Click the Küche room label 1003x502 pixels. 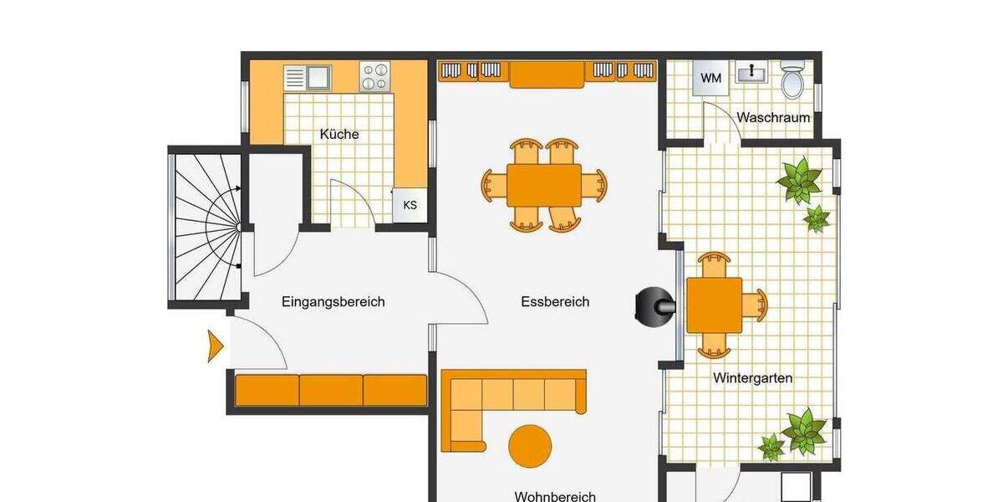coord(339,134)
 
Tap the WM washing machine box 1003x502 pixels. coord(710,79)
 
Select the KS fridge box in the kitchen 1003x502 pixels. coord(410,205)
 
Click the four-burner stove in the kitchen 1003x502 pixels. coord(374,77)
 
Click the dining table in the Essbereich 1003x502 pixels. coord(543,184)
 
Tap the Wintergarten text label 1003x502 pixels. coord(752,378)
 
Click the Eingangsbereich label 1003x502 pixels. coord(333,302)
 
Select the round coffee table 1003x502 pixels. coord(530,446)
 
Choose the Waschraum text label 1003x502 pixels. coord(773,117)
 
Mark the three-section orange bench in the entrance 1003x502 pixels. coord(331,390)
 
